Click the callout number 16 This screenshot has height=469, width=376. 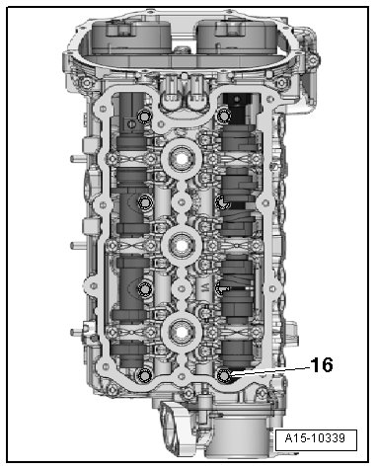coord(322,364)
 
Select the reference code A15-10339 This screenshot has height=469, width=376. coord(315,438)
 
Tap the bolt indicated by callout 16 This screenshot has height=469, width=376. coord(225,374)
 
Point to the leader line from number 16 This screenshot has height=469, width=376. coord(269,370)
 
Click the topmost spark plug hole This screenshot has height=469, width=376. coord(182,159)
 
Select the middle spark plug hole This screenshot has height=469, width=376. coord(182,245)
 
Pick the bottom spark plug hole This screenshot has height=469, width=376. coord(182,332)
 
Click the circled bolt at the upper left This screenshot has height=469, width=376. coord(144,117)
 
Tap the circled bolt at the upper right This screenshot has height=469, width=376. coord(225,117)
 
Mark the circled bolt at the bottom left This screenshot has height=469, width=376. coord(144,375)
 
